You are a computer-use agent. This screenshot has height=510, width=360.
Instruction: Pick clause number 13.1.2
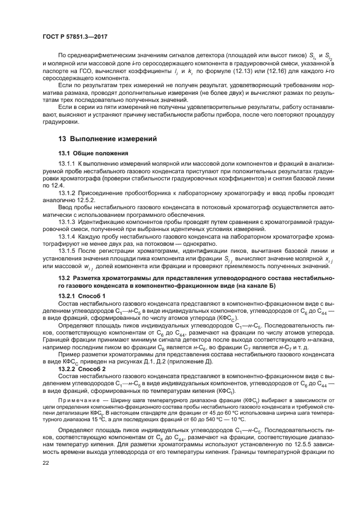point(66,193)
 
